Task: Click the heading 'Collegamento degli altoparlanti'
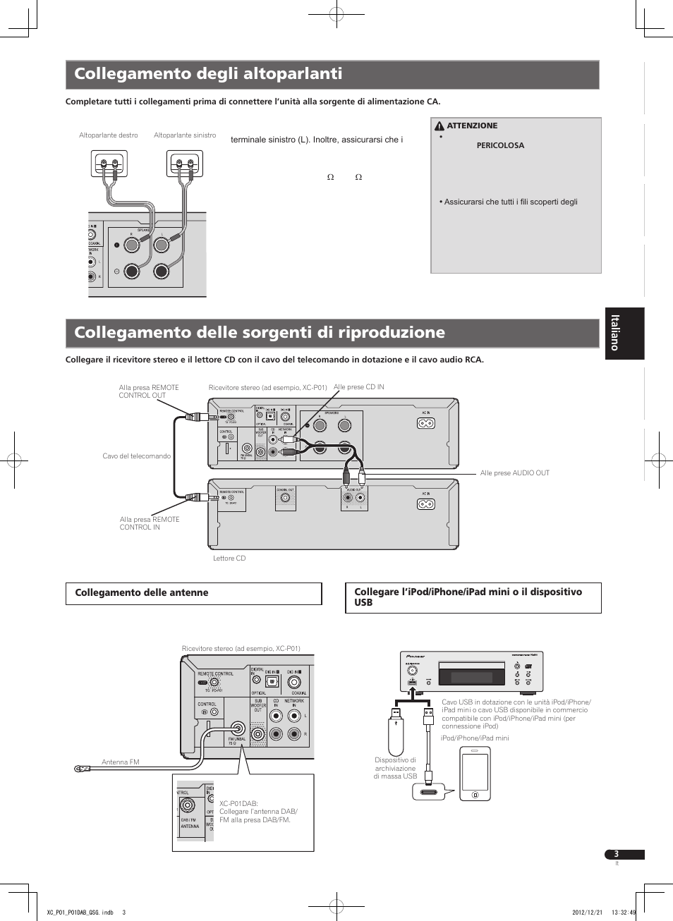pyautogui.click(x=208, y=74)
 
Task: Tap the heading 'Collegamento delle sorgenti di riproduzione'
pyautogui.click(x=260, y=333)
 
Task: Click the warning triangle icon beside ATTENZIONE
pyautogui.click(x=439, y=126)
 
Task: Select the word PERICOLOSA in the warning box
pyautogui.click(x=500, y=145)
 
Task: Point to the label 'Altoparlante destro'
pyautogui.click(x=109, y=135)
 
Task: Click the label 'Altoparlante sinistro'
pyautogui.click(x=185, y=135)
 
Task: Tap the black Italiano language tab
pyautogui.click(x=624, y=334)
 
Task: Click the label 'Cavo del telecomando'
pyautogui.click(x=136, y=456)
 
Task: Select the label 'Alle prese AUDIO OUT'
pyautogui.click(x=514, y=473)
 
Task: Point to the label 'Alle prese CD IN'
pyautogui.click(x=358, y=387)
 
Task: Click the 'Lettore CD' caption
pyautogui.click(x=229, y=559)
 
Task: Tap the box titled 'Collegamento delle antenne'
pyautogui.click(x=193, y=593)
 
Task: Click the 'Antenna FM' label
pyautogui.click(x=121, y=762)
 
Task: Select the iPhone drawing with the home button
pyautogui.click(x=475, y=774)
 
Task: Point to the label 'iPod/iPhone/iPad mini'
pyautogui.click(x=475, y=738)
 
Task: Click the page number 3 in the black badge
pyautogui.click(x=617, y=854)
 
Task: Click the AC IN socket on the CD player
pyautogui.click(x=425, y=504)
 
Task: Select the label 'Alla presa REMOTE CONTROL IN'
pyautogui.click(x=150, y=523)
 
